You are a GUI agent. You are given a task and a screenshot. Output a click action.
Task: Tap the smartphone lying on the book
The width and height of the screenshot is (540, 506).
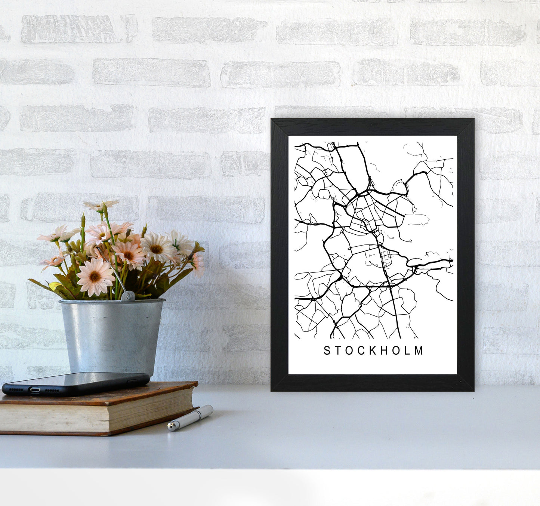pyautogui.click(x=75, y=383)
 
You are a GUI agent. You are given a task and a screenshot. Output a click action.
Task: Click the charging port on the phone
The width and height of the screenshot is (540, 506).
pyautogui.click(x=35, y=390)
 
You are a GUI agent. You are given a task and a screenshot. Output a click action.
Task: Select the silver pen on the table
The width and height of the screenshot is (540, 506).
pyautogui.click(x=191, y=417)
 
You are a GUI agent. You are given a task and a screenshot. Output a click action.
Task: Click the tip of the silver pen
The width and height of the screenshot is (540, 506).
pyautogui.click(x=170, y=426)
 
